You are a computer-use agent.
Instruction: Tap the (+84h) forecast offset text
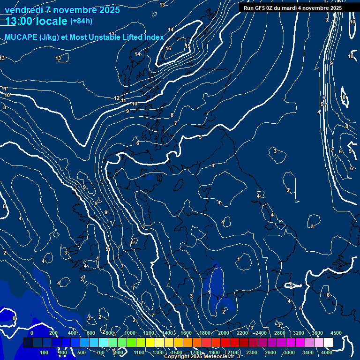pos(81,21)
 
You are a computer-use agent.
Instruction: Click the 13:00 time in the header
pos(21,21)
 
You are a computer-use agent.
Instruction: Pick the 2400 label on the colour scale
pos(261,333)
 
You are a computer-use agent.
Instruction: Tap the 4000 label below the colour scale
pos(327,352)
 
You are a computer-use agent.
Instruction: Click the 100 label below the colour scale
pos(44,352)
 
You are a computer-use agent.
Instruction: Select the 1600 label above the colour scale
pos(186,333)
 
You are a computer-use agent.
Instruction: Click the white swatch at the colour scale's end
pos(328,343)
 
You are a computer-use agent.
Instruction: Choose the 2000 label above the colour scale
pos(224,333)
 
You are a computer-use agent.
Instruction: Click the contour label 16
pos(168,48)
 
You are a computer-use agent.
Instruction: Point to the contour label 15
pos(187,46)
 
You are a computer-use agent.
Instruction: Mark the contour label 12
pos(117,98)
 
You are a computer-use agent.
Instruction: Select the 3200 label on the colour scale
pos(299,333)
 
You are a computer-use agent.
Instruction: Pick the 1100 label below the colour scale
pos(139,352)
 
